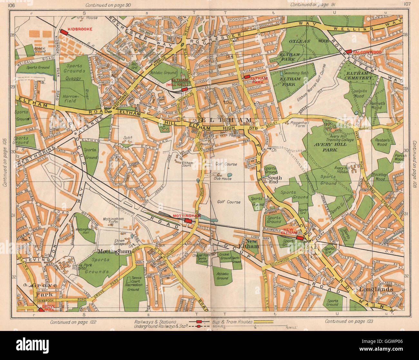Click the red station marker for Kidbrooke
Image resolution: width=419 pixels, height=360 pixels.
[x=63, y=32]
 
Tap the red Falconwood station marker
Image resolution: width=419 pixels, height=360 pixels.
[x=348, y=52]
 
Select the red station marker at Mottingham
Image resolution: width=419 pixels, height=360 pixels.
[x=188, y=221]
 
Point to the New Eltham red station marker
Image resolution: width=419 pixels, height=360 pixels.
[x=300, y=238]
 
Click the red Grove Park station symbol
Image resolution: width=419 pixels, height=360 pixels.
[x=41, y=310]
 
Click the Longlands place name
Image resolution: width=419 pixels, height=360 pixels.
[x=376, y=289]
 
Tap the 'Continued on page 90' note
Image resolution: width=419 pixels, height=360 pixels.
[x=106, y=5]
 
